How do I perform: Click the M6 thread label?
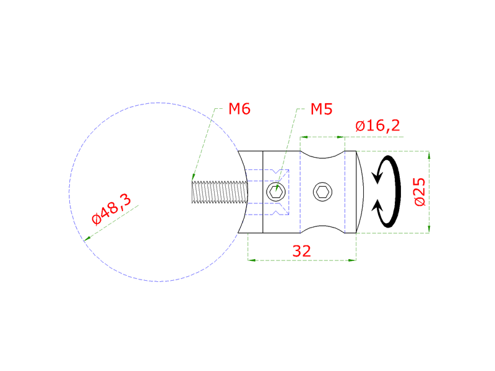coord(239,109)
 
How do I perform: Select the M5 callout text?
coord(321,109)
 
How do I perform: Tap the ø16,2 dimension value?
coord(377,126)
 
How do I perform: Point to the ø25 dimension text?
coord(419,192)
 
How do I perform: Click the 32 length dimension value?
coord(301,250)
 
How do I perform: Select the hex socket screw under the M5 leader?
coord(276,192)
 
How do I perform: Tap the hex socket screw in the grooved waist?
coord(322,192)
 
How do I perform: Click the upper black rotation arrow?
coord(387,169)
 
